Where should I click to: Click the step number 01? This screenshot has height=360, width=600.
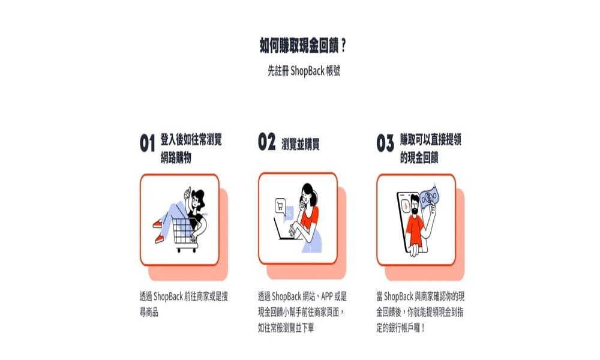pos(148,144)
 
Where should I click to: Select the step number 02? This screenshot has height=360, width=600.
pos(266,143)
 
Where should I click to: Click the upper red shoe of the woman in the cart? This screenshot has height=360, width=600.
pos(157,224)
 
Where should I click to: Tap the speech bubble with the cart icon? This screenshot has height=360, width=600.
pos(280,206)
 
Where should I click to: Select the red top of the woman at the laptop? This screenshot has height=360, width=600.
pos(310,218)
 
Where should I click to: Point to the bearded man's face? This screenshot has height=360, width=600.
pos(415,202)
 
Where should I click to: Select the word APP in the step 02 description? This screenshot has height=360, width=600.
pos(325,296)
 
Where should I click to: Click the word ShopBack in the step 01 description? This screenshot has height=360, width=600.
pos(171,296)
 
